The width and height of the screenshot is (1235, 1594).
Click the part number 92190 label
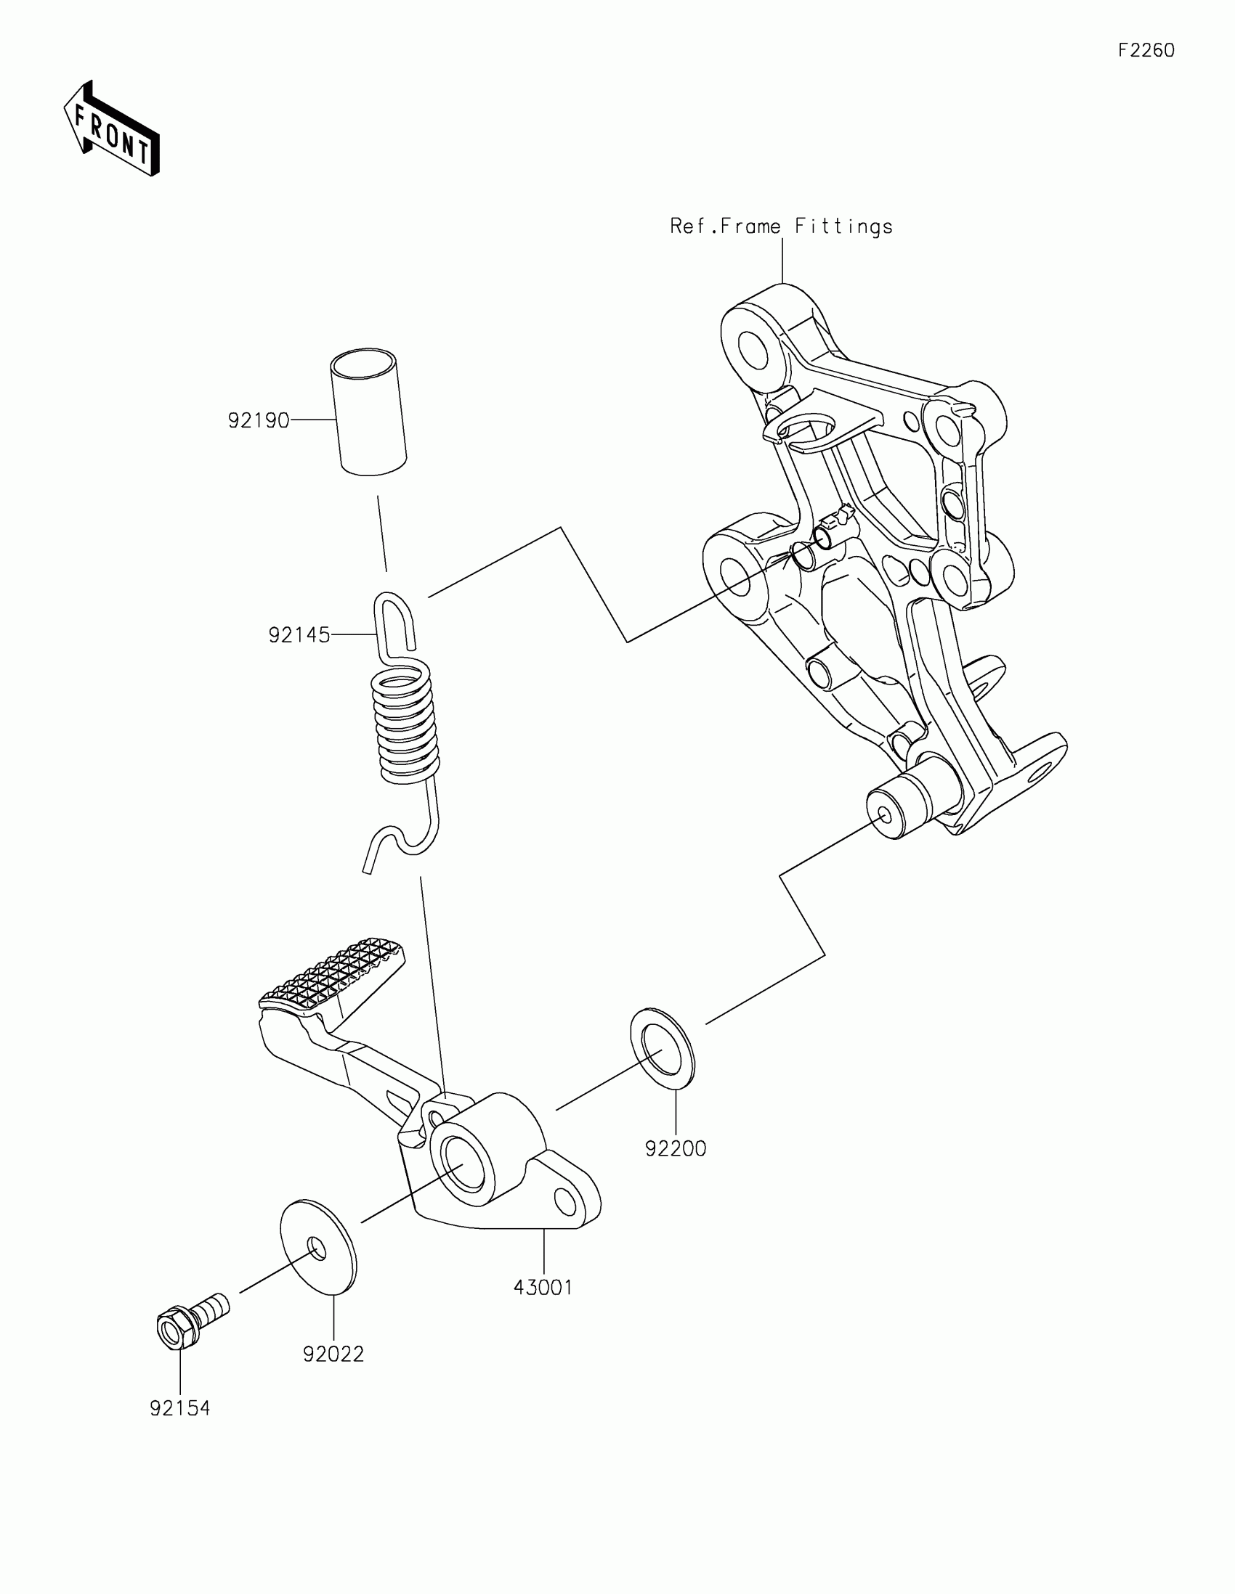pos(259,421)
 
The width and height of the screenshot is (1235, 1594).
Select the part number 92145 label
pos(299,636)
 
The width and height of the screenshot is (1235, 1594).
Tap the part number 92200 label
pos(676,1149)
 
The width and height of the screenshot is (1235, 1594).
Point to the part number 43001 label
pos(543,1288)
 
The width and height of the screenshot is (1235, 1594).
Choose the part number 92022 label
pos(333,1354)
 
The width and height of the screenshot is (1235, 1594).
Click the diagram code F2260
pos(1146,50)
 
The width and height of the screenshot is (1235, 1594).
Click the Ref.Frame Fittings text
pos(782,227)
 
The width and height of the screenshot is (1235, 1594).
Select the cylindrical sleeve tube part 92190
pos(369,413)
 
